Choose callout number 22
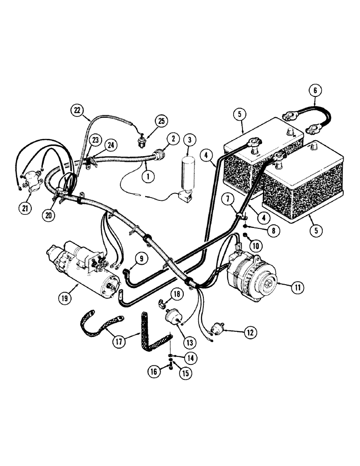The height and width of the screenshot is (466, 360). click(77, 110)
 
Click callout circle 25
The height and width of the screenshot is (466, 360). click(161, 121)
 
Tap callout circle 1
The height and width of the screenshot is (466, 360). click(148, 177)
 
